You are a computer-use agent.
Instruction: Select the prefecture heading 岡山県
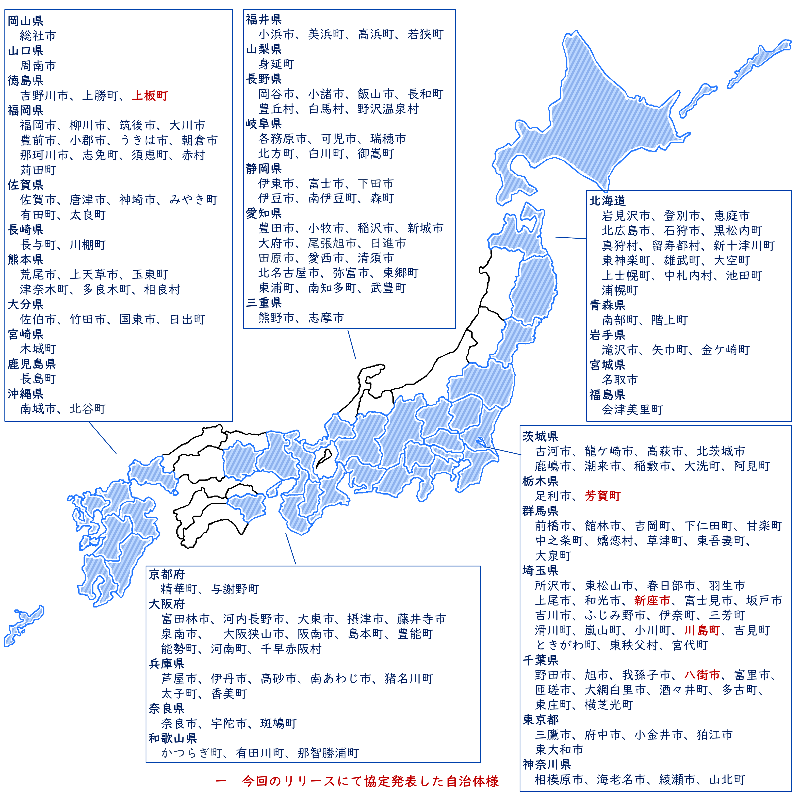26,21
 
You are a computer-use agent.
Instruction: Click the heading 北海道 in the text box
607,201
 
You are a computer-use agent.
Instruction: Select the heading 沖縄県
26,394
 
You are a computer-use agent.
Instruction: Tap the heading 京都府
167,574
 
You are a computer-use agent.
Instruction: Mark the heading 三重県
264,303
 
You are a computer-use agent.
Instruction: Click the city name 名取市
620,380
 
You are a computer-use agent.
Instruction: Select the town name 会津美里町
632,410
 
